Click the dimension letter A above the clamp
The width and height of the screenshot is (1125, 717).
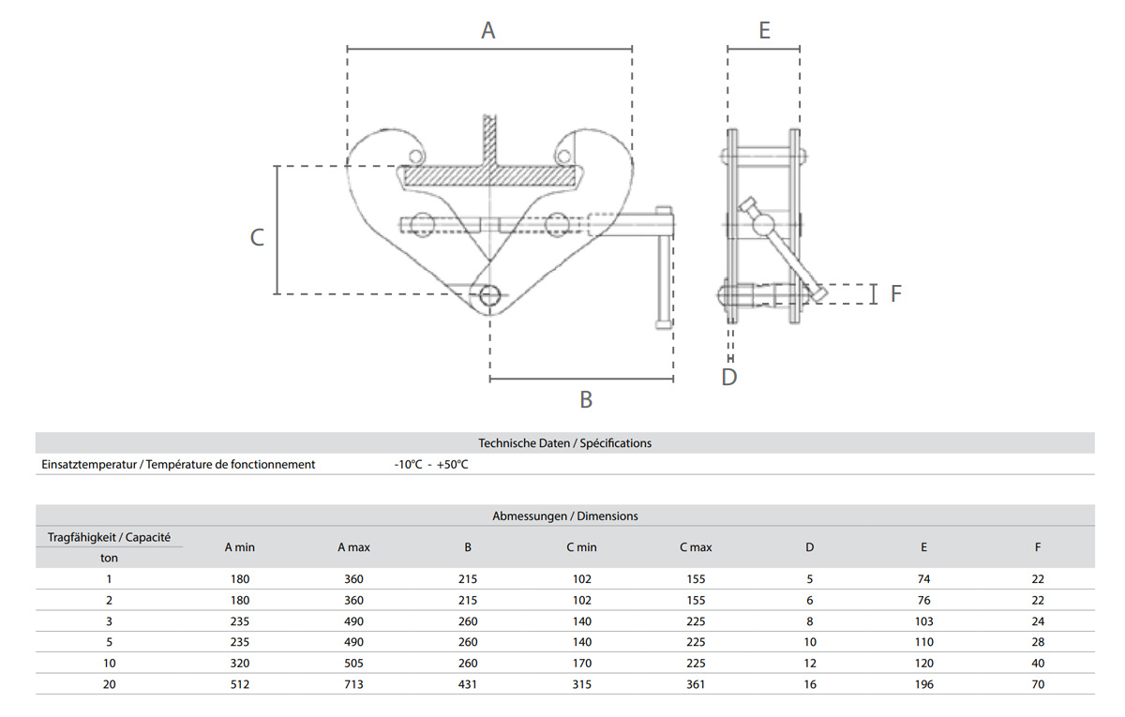[x=487, y=30]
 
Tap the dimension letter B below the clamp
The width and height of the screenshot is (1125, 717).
[x=586, y=399]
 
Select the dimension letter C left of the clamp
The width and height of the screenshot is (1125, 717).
[x=257, y=237]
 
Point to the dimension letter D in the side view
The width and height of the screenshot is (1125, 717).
[x=729, y=377]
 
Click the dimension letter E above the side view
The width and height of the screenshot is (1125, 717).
[x=764, y=30]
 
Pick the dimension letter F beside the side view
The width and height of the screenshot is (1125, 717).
[x=895, y=293]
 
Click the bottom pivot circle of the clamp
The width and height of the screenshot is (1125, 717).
[x=488, y=295]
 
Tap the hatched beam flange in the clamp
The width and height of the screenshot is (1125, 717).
[x=489, y=175]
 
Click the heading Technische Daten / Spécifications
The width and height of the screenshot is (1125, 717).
[x=564, y=442]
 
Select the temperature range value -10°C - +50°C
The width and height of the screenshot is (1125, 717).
[x=431, y=464]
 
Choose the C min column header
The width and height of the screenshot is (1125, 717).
[x=581, y=547]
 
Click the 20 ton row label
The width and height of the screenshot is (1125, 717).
[x=109, y=684]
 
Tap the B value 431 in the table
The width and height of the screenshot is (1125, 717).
[x=468, y=684]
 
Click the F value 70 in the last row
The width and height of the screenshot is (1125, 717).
[x=1038, y=684]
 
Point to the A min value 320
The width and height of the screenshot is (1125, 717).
[x=240, y=664]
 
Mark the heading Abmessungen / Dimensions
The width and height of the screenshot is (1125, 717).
[x=564, y=515]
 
